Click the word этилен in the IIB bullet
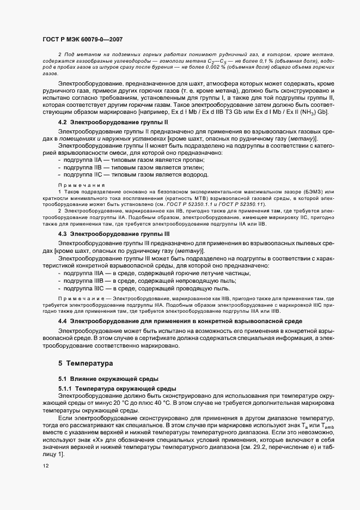tap(191, 168)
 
